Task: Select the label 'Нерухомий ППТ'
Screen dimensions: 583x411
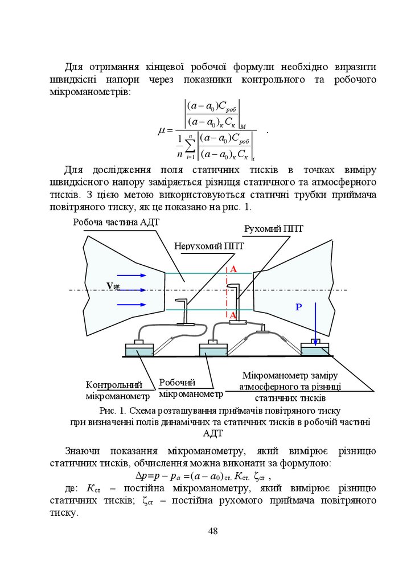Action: [x=209, y=247]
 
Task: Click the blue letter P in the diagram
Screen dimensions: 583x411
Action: [x=298, y=307]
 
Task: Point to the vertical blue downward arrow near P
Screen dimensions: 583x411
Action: [x=315, y=319]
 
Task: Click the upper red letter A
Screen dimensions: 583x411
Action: [x=233, y=269]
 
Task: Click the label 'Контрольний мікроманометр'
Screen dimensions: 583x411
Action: [x=118, y=391]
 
